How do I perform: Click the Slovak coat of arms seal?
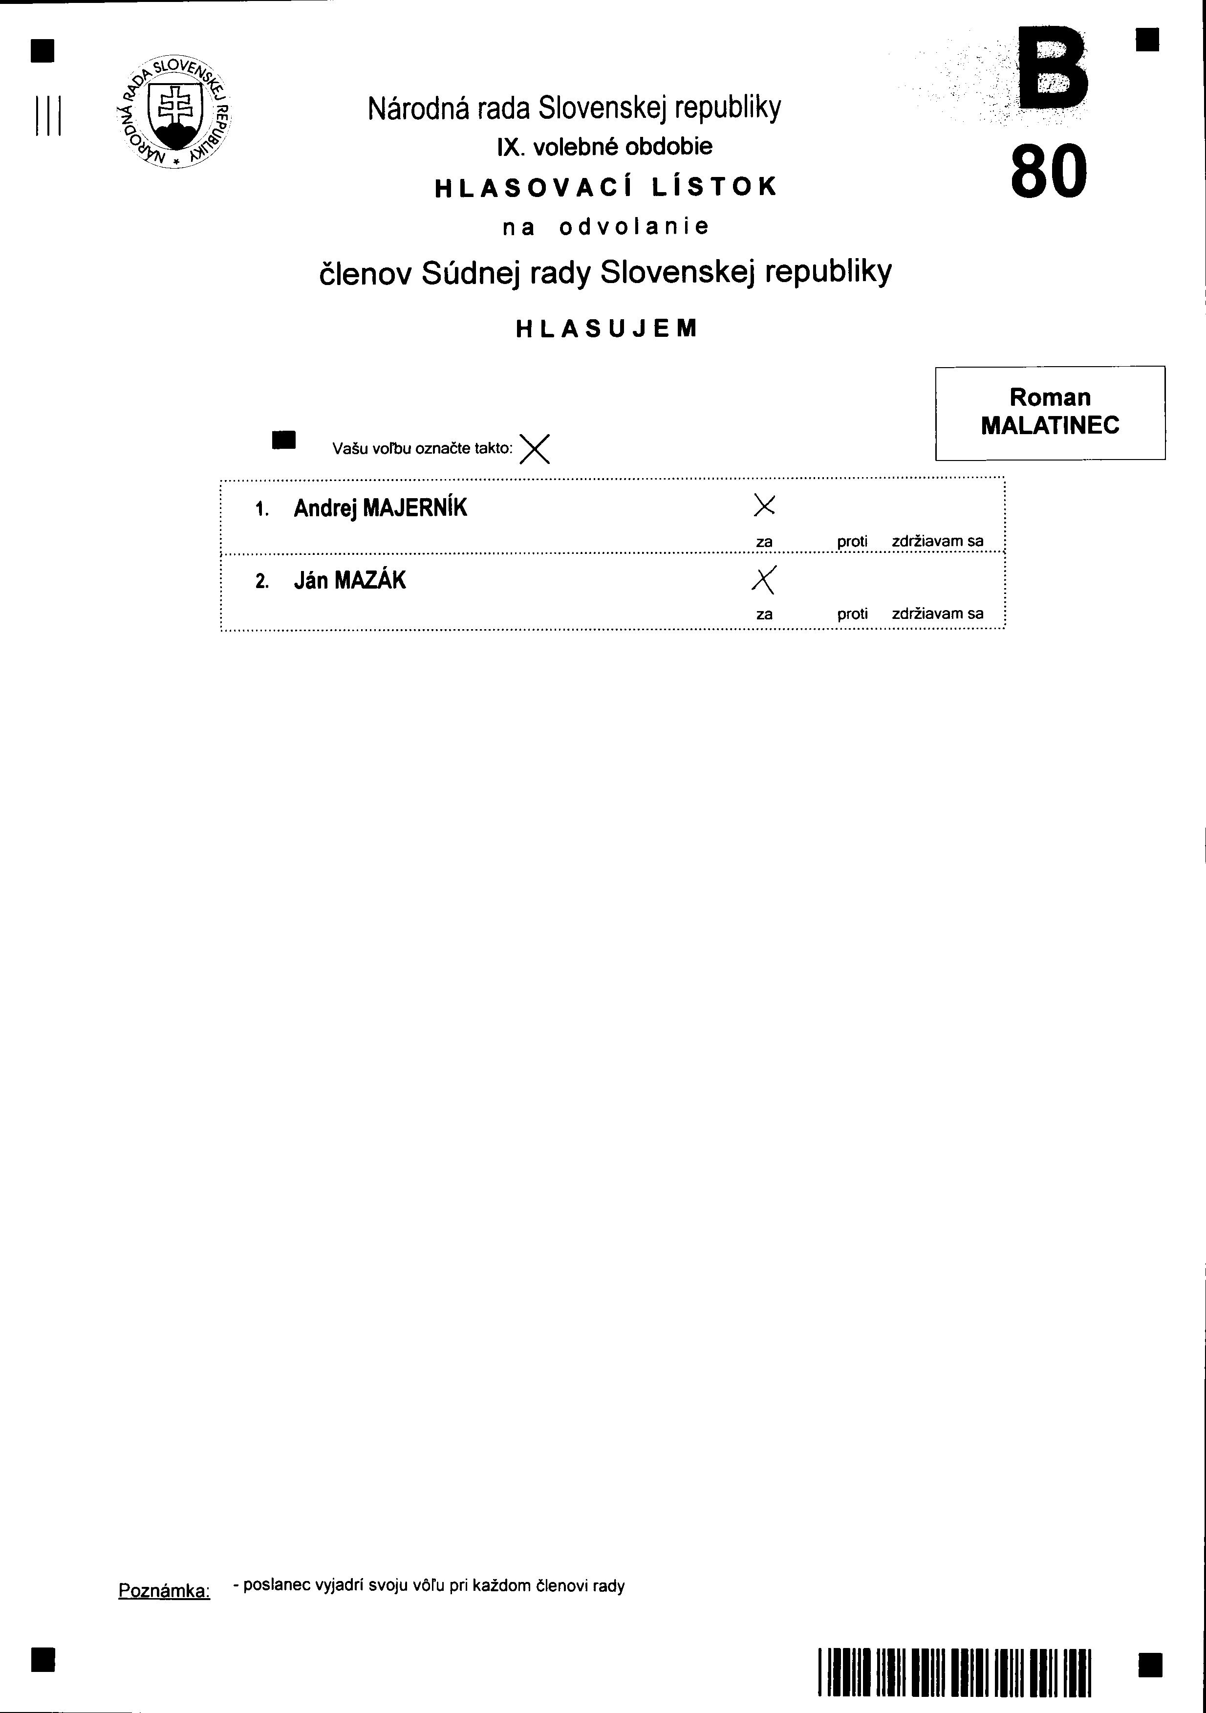[x=174, y=112]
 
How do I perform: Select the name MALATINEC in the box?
[x=1050, y=426]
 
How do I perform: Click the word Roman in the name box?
[x=1050, y=397]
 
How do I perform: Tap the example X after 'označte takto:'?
[x=535, y=448]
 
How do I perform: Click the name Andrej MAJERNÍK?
[x=380, y=508]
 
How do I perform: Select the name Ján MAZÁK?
[x=350, y=580]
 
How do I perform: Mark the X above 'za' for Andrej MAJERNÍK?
[x=764, y=506]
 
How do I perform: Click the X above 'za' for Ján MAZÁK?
[x=764, y=580]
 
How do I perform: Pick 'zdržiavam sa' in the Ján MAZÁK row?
[x=938, y=614]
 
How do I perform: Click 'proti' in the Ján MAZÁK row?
[x=852, y=614]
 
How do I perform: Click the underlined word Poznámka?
[x=164, y=1591]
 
